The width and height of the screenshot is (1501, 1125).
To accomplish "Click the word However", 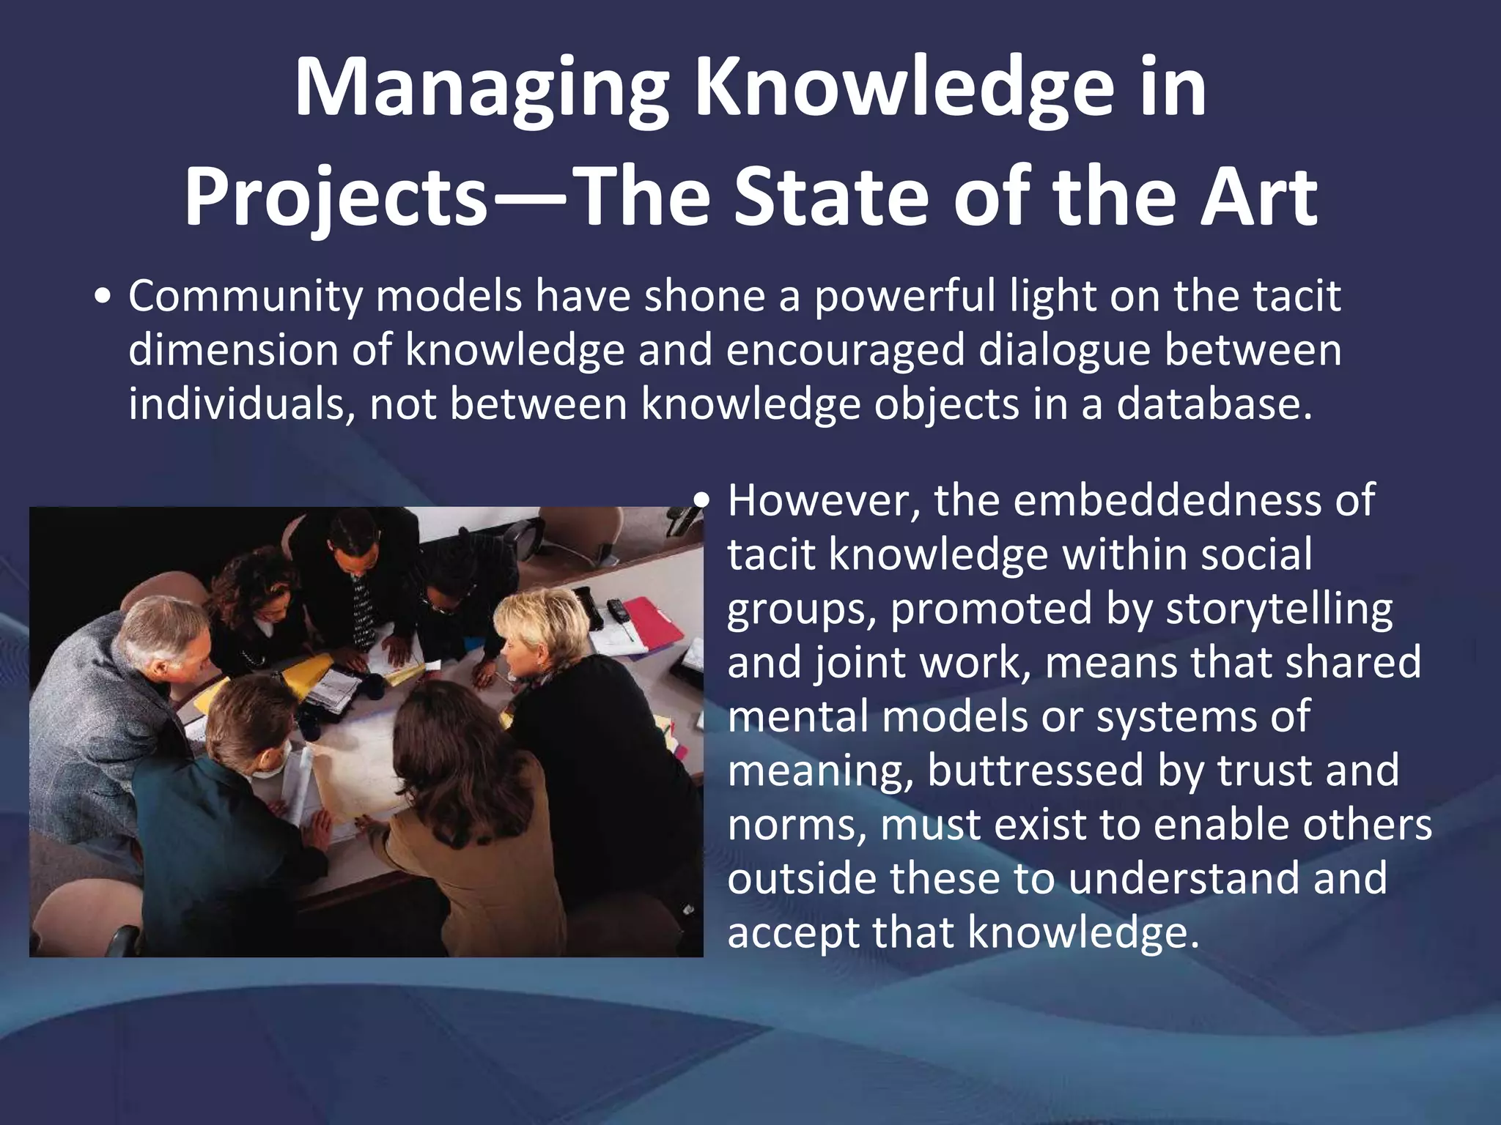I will [x=824, y=501].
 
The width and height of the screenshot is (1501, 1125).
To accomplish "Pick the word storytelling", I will [x=1278, y=609].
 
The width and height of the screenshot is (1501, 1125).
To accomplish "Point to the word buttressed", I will [x=1033, y=771].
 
